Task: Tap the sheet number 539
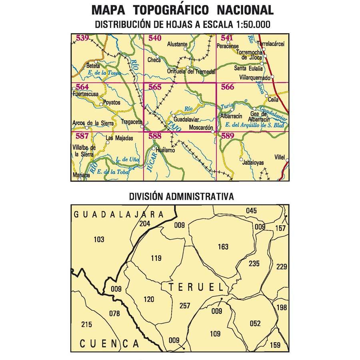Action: tap(82, 38)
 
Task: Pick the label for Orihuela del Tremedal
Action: tap(192, 72)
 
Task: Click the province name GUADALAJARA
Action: tap(120, 214)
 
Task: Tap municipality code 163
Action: tap(224, 247)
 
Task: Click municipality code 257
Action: tap(185, 306)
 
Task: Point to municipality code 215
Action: tap(86, 324)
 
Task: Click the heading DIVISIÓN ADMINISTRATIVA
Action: tap(181, 197)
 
